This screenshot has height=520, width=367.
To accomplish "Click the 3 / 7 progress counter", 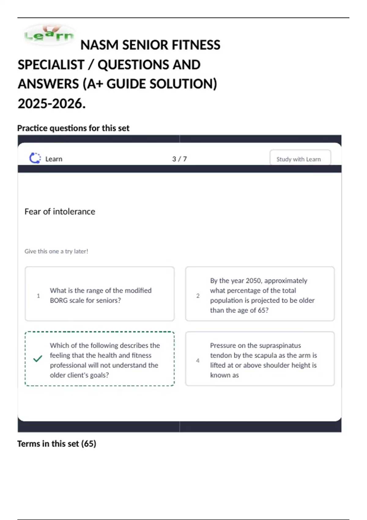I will point(180,159).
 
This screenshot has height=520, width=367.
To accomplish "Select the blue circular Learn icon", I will point(35,158).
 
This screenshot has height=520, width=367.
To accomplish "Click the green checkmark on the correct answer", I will point(38,358).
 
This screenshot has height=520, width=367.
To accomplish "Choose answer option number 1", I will point(100,294).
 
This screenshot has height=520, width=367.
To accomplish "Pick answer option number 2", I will point(260,294).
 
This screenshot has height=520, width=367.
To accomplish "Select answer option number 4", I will point(260,359).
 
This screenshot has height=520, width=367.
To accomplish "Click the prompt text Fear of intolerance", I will point(60,212).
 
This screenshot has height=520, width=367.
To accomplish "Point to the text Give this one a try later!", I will point(56,251).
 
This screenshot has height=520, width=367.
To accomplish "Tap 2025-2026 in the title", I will point(51,104).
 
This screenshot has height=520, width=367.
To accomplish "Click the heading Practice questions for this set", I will point(73,128).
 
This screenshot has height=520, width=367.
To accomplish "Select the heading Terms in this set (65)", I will point(57,444).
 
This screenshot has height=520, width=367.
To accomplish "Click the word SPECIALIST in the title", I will point(51,65).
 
